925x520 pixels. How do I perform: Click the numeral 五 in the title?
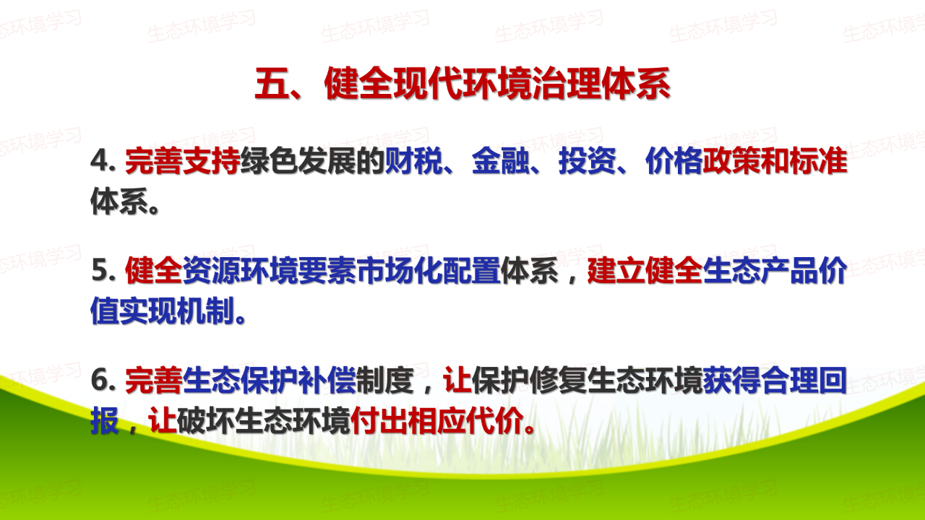(x=272, y=84)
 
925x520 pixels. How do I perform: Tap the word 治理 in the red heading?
(x=567, y=84)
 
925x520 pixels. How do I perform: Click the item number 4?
(x=103, y=160)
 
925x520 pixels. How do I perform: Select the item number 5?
(x=103, y=270)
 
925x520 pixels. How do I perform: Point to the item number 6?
(x=103, y=380)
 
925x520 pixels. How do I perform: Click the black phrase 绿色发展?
(x=298, y=160)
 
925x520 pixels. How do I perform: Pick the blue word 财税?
(x=414, y=160)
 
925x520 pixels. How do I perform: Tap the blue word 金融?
(x=501, y=160)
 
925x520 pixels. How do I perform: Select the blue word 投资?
(x=588, y=160)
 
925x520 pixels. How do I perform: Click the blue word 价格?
(x=674, y=160)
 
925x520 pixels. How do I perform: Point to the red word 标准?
(x=819, y=160)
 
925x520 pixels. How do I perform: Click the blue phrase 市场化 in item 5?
(x=400, y=270)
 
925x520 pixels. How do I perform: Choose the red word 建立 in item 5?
(x=616, y=270)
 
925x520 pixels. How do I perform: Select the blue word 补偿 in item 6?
(x=327, y=380)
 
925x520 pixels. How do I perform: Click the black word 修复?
(x=559, y=380)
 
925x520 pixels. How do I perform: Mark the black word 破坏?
(x=206, y=420)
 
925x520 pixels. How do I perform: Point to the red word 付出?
(x=379, y=420)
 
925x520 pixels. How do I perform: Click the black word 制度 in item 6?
(x=385, y=380)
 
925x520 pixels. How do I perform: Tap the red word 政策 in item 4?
(x=732, y=160)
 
